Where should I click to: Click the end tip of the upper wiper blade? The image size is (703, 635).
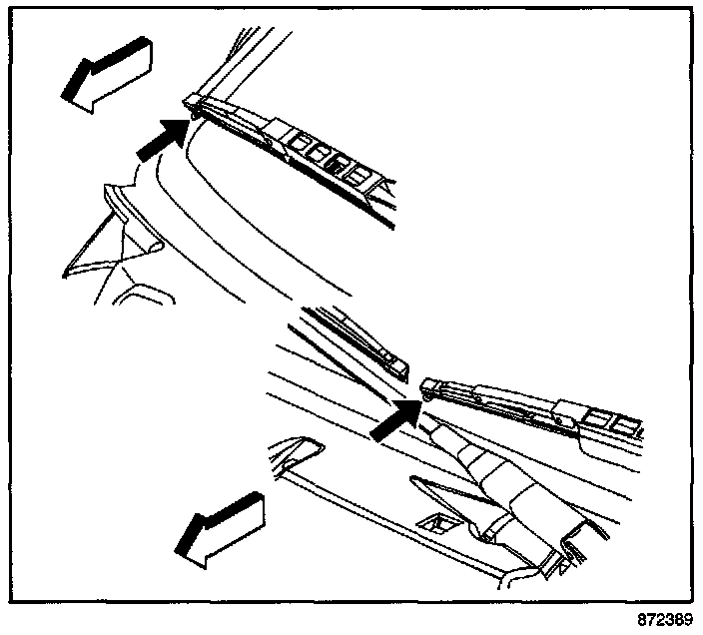[x=193, y=101]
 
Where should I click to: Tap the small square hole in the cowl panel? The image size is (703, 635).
[x=435, y=521]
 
